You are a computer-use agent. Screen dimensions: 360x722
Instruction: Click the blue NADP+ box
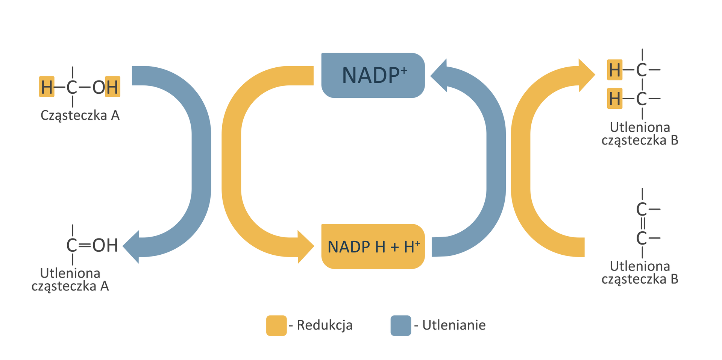click(x=373, y=75)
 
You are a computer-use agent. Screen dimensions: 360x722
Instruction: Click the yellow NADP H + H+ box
click(x=373, y=246)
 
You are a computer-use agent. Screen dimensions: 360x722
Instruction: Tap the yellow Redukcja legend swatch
click(x=276, y=325)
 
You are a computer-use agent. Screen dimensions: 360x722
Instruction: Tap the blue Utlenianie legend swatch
click(x=400, y=325)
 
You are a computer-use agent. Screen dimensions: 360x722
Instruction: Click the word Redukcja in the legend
click(x=325, y=325)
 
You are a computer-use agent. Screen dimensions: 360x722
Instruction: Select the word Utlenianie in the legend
click(x=454, y=325)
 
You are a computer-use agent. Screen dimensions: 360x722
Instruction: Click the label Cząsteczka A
click(x=80, y=115)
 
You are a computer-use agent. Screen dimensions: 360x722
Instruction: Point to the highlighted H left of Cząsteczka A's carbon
click(x=47, y=87)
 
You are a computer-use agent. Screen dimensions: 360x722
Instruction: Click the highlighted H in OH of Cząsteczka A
click(x=112, y=87)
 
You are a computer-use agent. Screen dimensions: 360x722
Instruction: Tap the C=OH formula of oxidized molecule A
click(x=92, y=245)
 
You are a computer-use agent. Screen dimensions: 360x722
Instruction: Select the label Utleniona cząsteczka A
click(x=70, y=279)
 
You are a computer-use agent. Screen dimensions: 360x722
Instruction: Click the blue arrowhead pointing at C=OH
click(x=132, y=247)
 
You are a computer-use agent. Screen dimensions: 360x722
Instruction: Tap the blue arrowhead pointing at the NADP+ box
click(x=439, y=75)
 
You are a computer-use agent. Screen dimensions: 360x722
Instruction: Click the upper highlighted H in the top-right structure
click(x=614, y=70)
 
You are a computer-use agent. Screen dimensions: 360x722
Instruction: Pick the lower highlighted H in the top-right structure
click(x=614, y=99)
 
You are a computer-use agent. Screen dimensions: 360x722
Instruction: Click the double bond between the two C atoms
click(x=642, y=223)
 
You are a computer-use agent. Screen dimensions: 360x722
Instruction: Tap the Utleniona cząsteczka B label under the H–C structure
click(x=640, y=134)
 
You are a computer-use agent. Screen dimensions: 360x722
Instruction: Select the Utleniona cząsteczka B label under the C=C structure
click(x=640, y=272)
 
